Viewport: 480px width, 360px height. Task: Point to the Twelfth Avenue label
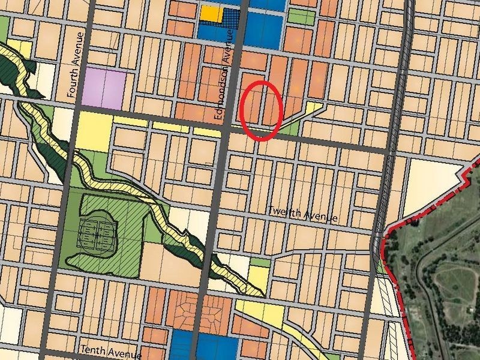[x=302, y=214]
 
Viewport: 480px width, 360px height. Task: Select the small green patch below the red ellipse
[x=290, y=129]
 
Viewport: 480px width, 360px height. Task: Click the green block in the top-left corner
[x=4, y=27]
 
